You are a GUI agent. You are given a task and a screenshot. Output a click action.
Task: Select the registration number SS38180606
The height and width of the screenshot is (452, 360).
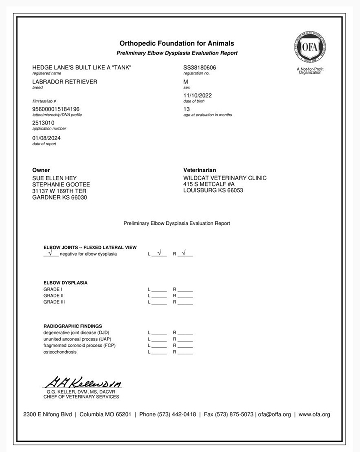click(x=200, y=67)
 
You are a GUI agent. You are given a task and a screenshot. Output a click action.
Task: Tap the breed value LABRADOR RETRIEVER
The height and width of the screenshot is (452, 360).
click(x=65, y=81)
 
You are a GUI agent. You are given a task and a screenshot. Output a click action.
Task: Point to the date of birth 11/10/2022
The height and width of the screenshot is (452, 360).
click(x=198, y=95)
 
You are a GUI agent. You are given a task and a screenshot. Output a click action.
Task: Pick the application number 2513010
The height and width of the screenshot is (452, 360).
click(x=43, y=123)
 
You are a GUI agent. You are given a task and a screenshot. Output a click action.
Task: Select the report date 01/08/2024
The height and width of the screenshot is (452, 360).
click(x=47, y=138)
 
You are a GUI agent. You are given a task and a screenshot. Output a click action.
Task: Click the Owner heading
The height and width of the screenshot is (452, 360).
click(x=41, y=170)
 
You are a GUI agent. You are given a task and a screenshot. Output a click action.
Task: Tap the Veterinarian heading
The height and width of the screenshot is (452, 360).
click(x=200, y=170)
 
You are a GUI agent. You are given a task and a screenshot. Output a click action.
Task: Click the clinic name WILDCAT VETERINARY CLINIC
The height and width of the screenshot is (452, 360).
click(x=225, y=178)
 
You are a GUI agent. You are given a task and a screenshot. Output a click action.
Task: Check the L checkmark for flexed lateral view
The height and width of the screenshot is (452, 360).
click(x=159, y=253)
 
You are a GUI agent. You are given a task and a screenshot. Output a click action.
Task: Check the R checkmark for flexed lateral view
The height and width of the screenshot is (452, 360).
click(x=184, y=253)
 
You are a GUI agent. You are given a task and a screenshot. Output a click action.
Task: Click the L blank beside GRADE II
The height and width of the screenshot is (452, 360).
click(x=159, y=296)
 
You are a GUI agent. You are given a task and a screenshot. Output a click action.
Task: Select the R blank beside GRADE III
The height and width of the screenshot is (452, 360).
click(x=185, y=302)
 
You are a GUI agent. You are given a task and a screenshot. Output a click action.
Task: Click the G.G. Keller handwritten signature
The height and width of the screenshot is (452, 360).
click(x=82, y=383)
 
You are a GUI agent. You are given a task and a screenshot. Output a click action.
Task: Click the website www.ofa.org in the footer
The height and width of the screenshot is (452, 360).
click(x=314, y=414)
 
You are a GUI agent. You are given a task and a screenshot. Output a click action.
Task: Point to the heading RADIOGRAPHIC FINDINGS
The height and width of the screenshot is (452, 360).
click(x=73, y=326)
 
